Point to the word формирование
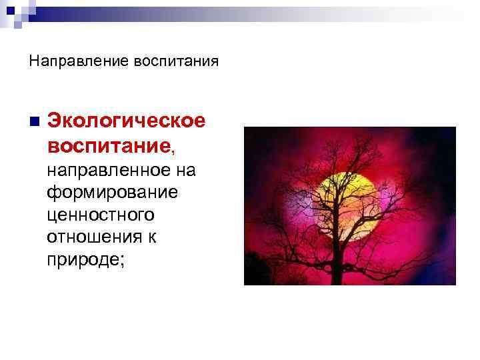(x=112, y=193)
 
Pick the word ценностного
(x=100, y=215)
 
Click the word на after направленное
(x=186, y=171)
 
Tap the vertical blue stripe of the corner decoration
(x=17, y=17)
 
